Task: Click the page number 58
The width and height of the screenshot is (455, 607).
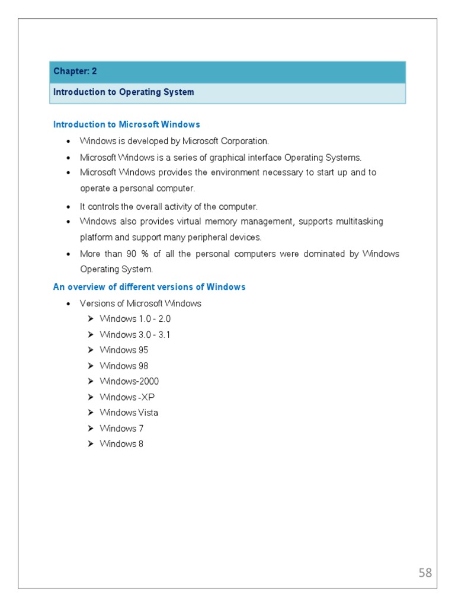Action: point(425,573)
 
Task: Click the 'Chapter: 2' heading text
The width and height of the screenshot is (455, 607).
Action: point(75,71)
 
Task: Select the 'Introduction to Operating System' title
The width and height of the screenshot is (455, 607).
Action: point(123,92)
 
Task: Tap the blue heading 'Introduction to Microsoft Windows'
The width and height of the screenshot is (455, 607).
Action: point(126,124)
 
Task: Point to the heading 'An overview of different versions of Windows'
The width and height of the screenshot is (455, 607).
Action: point(149,287)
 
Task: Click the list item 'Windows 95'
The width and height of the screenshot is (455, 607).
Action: point(124,350)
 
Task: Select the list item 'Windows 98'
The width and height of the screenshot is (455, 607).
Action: point(124,366)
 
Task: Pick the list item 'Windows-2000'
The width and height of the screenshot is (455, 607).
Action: point(129,381)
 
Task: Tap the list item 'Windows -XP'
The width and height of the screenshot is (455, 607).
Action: point(127,397)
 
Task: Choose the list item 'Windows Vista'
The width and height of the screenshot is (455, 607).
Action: point(129,413)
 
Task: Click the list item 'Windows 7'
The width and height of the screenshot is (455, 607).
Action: point(121,429)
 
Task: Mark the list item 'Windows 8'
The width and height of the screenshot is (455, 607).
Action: point(121,444)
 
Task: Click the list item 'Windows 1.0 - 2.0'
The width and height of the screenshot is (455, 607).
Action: point(135,319)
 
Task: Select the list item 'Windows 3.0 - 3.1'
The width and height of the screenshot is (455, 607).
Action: point(135,334)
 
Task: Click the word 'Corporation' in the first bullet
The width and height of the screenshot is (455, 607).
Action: point(246,141)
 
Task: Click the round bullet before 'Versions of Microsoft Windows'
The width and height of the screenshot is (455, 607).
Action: point(69,303)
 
